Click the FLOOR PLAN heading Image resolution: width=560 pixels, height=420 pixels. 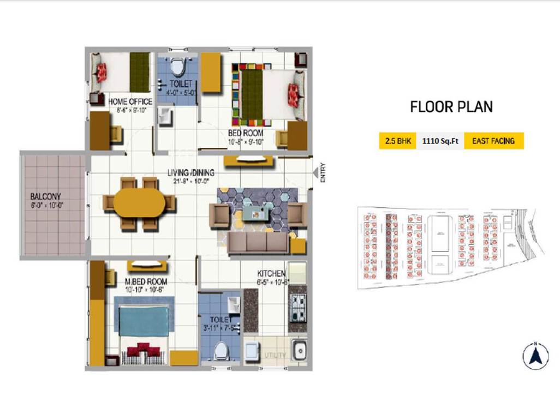[451, 106]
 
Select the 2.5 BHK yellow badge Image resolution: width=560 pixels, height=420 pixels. [397, 141]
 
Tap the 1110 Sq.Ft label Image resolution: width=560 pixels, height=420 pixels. [440, 141]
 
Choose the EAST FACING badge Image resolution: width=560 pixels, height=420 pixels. [493, 141]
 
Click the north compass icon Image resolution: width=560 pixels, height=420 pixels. [535, 355]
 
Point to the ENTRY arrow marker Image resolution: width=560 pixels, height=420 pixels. [315, 173]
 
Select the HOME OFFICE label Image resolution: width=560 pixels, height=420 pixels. [130, 101]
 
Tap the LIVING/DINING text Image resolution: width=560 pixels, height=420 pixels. [190, 173]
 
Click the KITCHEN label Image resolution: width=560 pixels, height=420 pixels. [271, 273]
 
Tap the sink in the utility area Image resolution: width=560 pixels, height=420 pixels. [299, 350]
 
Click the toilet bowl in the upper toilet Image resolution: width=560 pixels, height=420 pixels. [176, 68]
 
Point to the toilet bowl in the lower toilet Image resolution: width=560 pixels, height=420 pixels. [221, 351]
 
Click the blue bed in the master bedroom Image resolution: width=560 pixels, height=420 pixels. [144, 321]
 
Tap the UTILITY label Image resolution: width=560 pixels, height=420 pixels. [275, 355]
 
